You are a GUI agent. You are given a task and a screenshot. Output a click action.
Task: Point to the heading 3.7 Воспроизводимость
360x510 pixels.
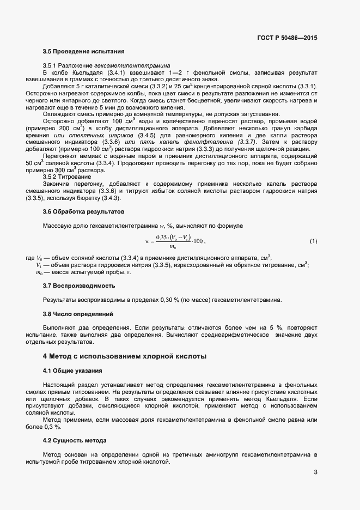coord(79,286)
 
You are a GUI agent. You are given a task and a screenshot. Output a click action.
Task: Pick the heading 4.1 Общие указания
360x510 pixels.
coord(72,371)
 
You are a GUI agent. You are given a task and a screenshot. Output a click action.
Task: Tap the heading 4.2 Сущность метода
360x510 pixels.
coord(75,440)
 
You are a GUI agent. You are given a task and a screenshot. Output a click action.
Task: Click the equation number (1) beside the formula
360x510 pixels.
coord(313,240)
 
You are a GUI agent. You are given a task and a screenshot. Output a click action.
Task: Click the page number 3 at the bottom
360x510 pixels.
coord(315,472)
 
